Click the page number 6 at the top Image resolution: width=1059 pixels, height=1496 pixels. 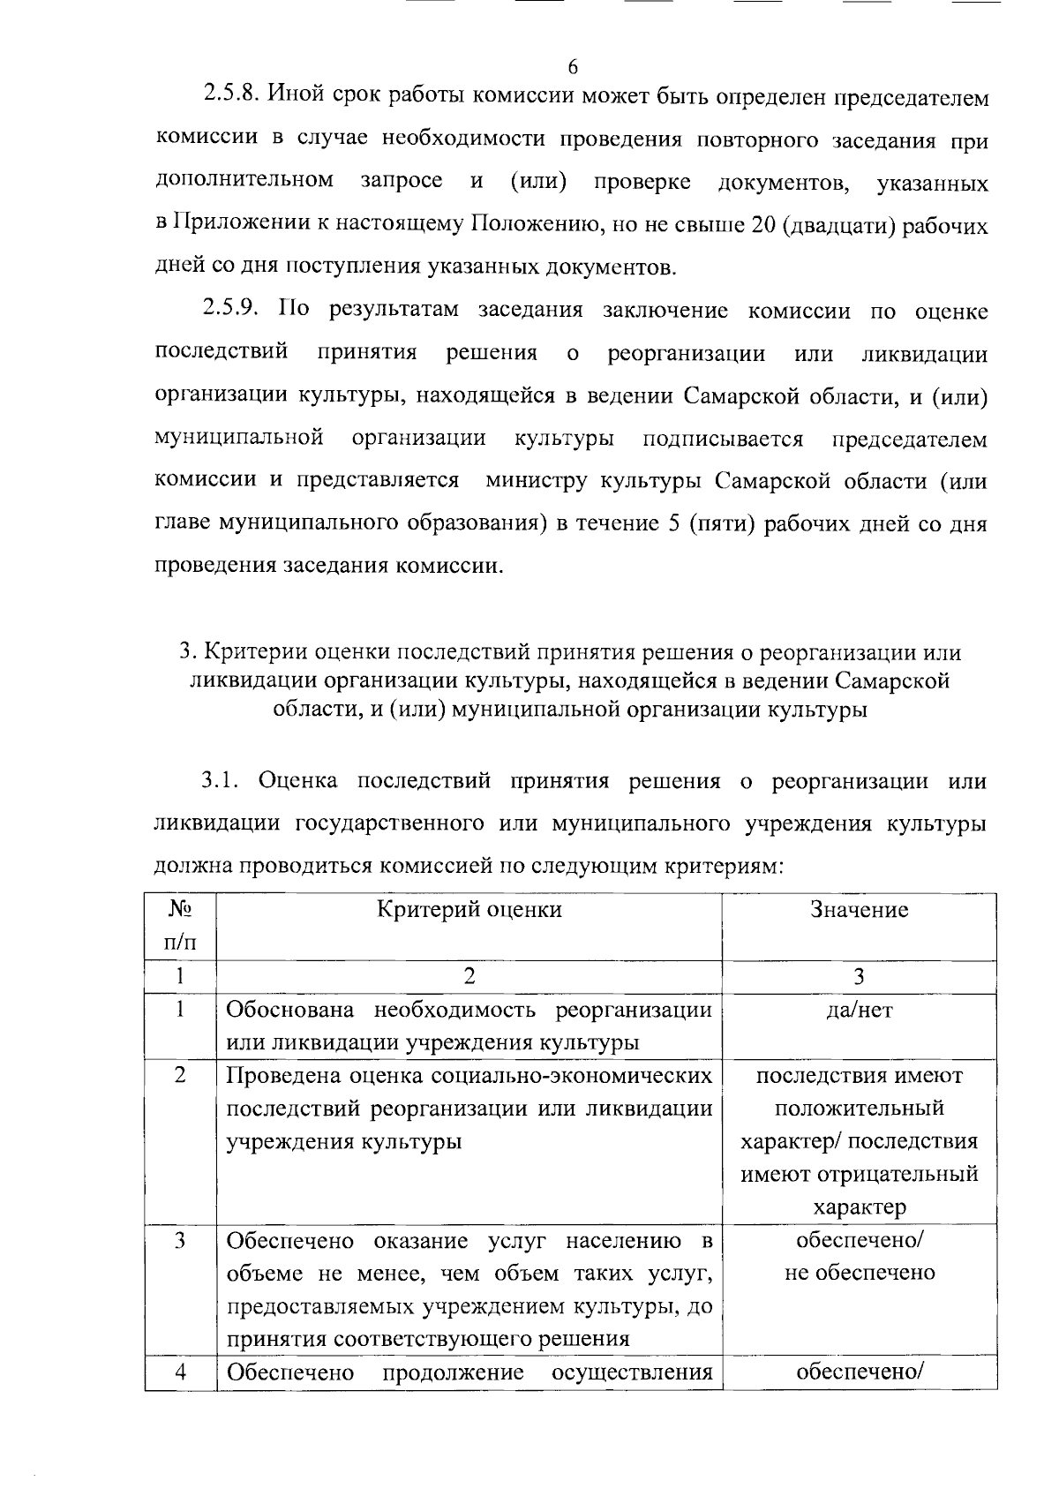click(x=573, y=67)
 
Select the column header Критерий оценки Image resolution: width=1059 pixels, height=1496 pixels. click(x=469, y=910)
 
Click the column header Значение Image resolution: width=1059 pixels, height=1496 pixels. click(x=859, y=910)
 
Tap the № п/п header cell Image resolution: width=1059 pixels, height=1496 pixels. click(x=180, y=926)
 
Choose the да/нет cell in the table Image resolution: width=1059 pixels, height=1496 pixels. click(x=859, y=1010)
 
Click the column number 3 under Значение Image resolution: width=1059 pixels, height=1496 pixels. click(x=859, y=976)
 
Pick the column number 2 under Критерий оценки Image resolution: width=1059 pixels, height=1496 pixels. click(x=469, y=976)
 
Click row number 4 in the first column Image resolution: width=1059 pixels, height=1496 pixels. click(x=180, y=1372)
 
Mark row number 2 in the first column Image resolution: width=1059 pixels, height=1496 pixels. click(x=180, y=1076)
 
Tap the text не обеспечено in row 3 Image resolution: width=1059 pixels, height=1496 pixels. click(x=859, y=1273)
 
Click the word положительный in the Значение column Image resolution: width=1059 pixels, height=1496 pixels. click(x=859, y=1109)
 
